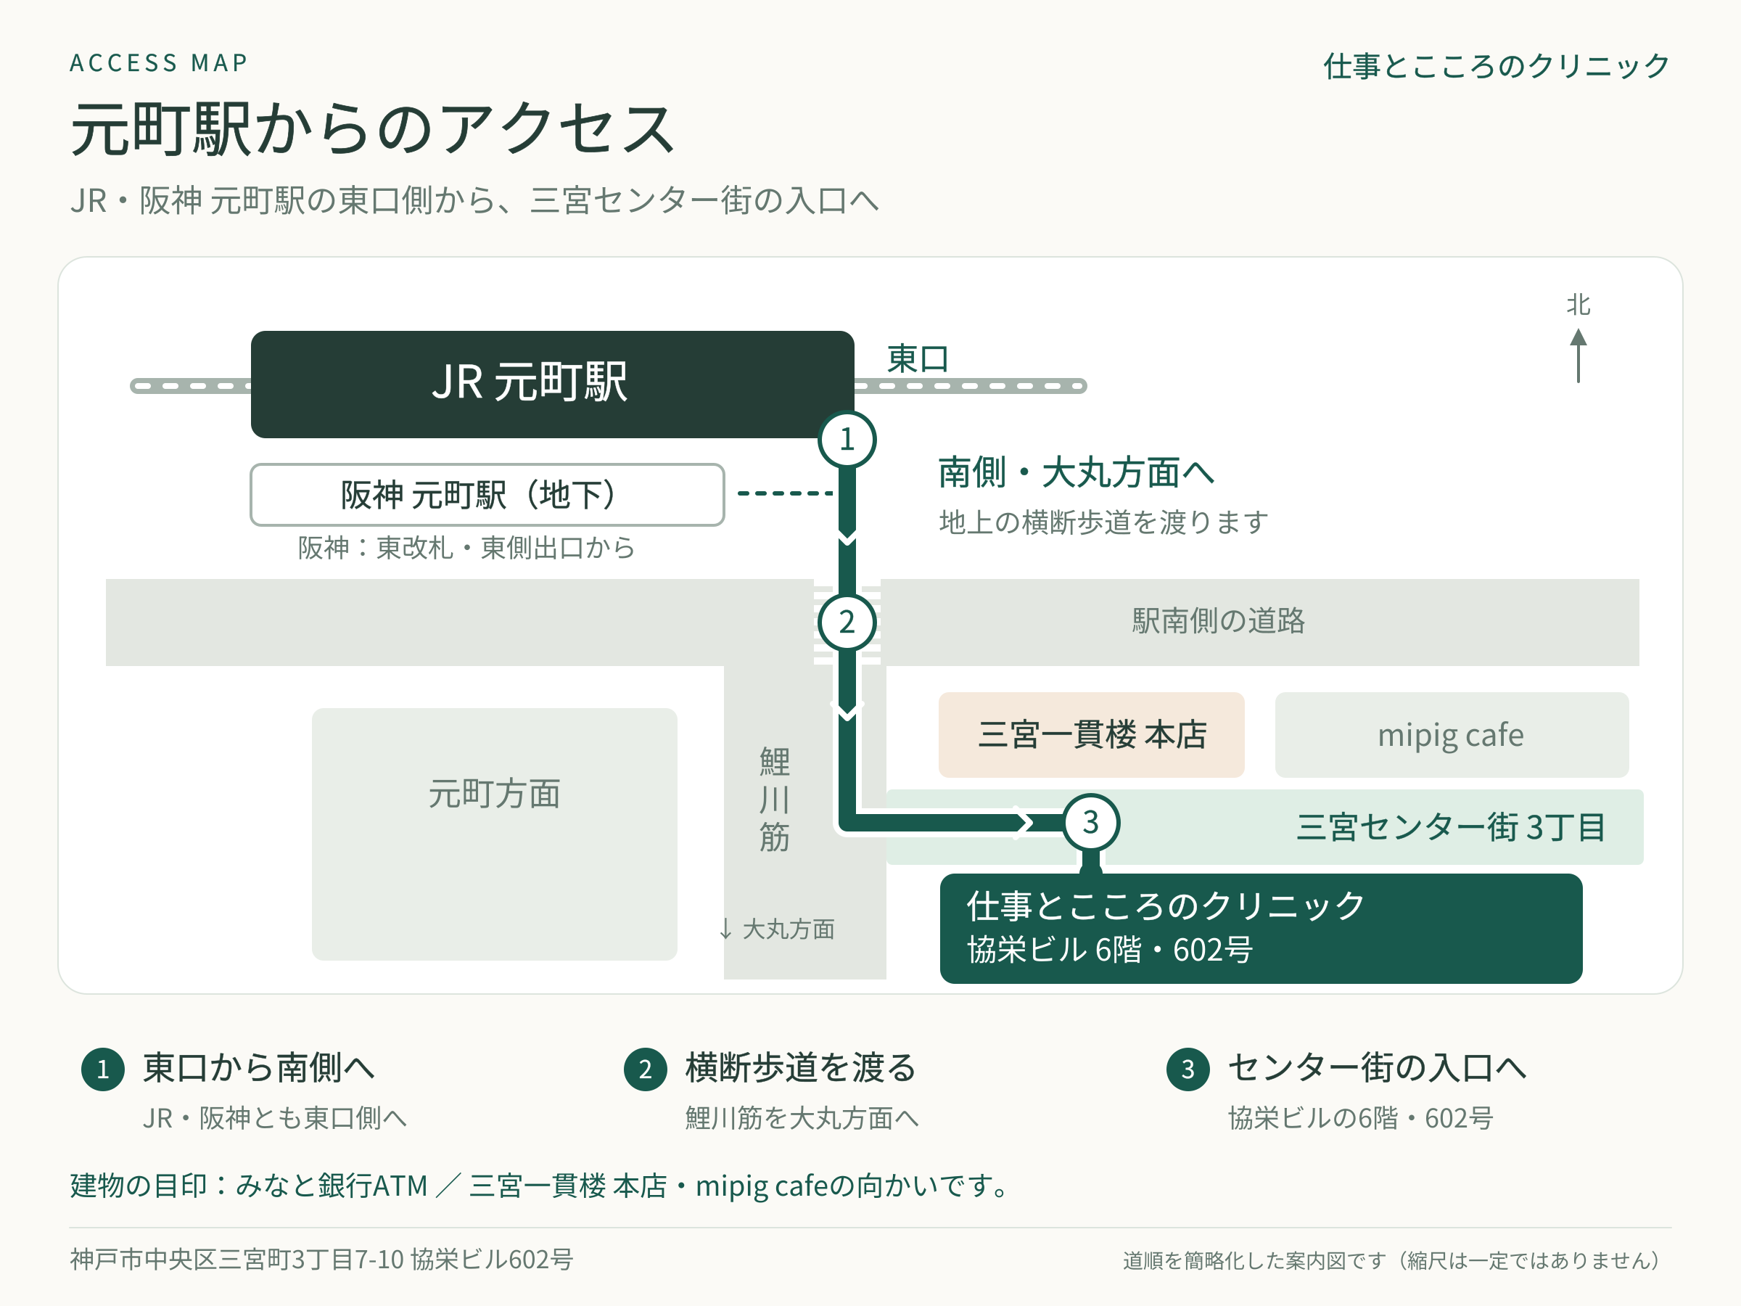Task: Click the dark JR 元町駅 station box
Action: click(x=552, y=384)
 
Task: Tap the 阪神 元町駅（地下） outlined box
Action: click(x=487, y=494)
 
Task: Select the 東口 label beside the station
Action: click(x=917, y=359)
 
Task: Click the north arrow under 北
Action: click(x=1577, y=356)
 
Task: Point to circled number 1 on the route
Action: click(x=847, y=439)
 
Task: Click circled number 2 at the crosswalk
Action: click(x=847, y=623)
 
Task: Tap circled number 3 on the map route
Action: click(x=1091, y=823)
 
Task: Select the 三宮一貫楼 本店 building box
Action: click(x=1091, y=734)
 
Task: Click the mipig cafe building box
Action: click(x=1452, y=734)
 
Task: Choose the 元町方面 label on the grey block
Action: click(x=494, y=794)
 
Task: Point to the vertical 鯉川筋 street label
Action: click(x=775, y=799)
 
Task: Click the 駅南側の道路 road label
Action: click(x=1219, y=621)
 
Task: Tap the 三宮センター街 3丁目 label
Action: click(x=1451, y=827)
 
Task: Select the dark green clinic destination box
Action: click(x=1261, y=928)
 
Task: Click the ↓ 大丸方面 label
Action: click(x=777, y=929)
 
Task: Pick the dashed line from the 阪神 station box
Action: click(x=785, y=493)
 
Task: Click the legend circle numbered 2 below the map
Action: click(x=646, y=1069)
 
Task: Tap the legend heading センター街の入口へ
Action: click(x=1377, y=1067)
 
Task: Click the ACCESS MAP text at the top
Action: click(x=159, y=63)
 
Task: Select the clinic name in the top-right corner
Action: click(x=1497, y=66)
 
